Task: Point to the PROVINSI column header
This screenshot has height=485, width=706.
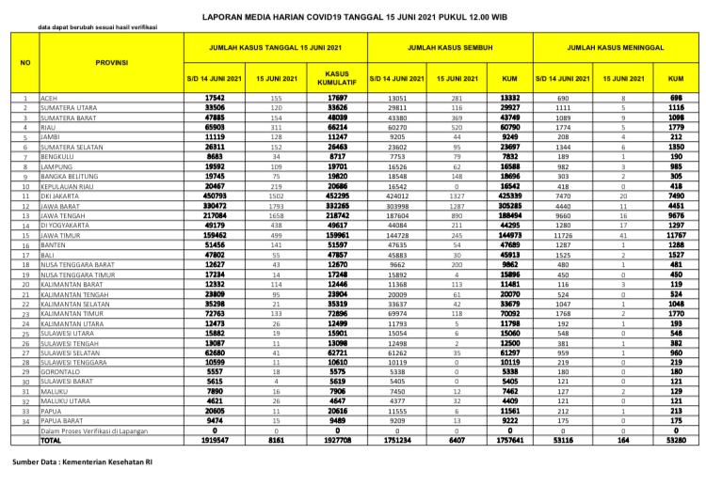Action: [x=112, y=62]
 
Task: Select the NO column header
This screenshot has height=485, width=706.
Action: [x=25, y=62]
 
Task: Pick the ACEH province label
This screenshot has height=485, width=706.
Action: [x=50, y=98]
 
